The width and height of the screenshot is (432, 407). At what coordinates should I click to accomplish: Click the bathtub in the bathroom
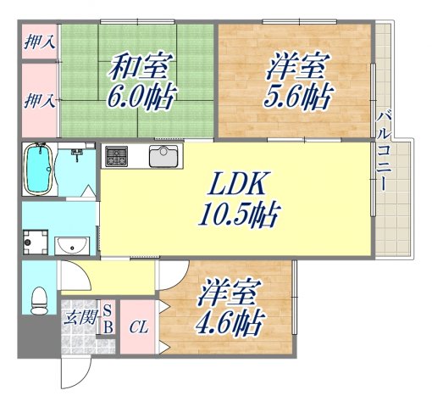(39, 170)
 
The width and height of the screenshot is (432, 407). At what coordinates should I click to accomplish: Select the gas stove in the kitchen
(116, 157)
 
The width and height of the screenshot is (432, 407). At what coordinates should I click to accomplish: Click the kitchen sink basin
(163, 157)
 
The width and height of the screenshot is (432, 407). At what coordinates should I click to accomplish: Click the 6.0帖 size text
(141, 93)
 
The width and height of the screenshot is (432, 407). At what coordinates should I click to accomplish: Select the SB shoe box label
(108, 316)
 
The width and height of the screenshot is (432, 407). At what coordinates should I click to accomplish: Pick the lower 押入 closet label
(38, 100)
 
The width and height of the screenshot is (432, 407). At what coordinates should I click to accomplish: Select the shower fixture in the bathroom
(77, 156)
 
